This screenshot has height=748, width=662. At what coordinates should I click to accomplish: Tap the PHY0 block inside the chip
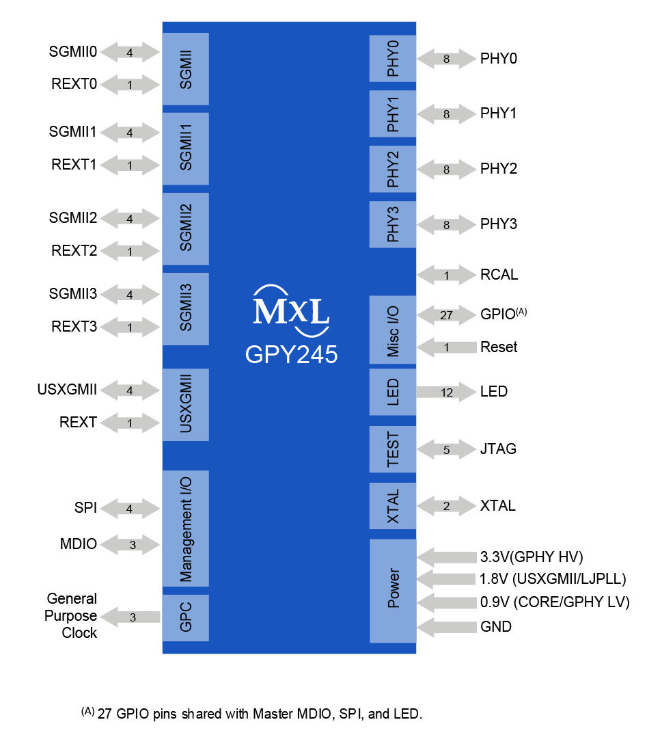point(393,59)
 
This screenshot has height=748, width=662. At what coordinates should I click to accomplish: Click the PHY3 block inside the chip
point(393,224)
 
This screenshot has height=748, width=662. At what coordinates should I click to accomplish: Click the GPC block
point(185,617)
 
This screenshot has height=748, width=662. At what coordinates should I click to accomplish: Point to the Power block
point(393,591)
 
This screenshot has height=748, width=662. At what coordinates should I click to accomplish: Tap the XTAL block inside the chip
point(393,506)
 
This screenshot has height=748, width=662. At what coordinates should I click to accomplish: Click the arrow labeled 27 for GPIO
point(446,315)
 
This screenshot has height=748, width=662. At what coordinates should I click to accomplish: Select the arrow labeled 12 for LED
point(446,392)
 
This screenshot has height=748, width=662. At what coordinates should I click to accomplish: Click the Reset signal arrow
point(446,347)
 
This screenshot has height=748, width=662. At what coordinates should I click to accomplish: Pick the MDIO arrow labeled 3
point(133,545)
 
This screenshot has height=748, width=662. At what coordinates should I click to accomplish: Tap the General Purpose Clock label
point(72,616)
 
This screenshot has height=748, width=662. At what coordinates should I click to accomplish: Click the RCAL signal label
point(499,275)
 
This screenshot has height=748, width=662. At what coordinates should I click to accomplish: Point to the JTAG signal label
point(498,449)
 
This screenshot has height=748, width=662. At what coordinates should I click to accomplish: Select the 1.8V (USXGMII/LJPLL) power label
point(553,579)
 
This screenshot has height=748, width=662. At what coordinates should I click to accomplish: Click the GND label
point(496,626)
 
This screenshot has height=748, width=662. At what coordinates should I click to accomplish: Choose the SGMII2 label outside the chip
point(72,218)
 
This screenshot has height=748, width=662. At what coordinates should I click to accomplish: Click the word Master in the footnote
point(271,714)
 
